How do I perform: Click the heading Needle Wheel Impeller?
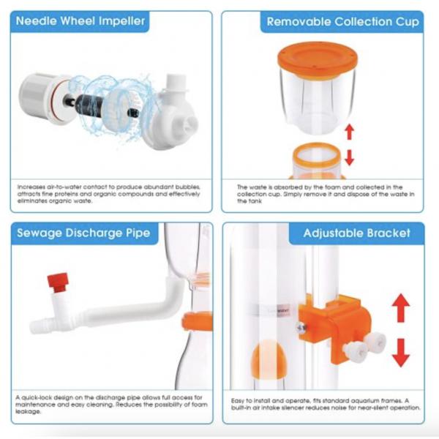point(80,22)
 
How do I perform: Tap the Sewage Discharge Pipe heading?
point(82,233)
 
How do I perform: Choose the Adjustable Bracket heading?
point(358,233)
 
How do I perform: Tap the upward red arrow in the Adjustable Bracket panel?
point(400,307)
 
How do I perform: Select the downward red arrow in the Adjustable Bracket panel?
point(400,352)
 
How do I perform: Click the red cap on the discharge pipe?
point(58,281)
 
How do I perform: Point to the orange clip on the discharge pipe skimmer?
point(196,321)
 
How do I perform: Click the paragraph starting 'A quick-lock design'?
point(110,403)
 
